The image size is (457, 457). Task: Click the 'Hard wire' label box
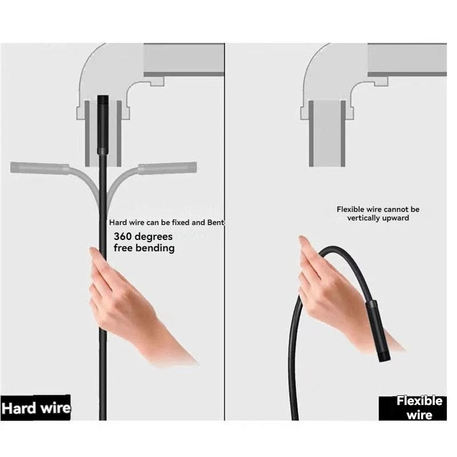pos(35,408)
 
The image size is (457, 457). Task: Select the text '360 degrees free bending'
pos(144,242)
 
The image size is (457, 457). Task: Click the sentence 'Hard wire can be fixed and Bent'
pos(166,223)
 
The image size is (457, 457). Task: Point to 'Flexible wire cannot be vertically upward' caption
pos(378,214)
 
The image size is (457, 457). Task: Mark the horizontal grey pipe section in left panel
pos(183,60)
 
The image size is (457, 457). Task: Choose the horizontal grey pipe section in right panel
pos(407,60)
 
